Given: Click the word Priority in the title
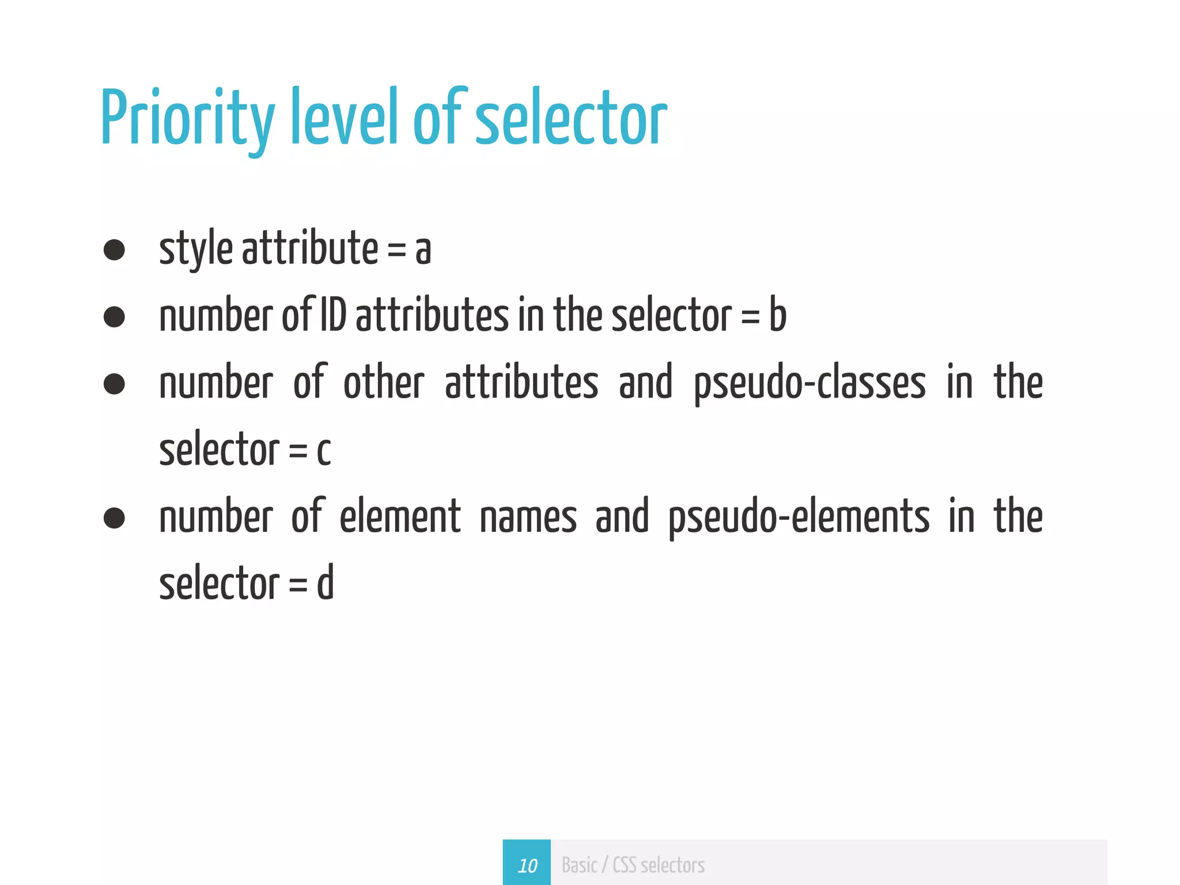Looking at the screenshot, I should pos(188,119).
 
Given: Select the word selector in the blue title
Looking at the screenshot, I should pos(570,119).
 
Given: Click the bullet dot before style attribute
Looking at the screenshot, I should pos(114,249).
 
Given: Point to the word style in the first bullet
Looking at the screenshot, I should pos(195,249).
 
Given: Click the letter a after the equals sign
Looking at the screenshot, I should pos(423,250).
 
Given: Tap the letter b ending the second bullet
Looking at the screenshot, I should pos(778,315).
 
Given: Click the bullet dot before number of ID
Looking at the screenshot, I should pos(114,316).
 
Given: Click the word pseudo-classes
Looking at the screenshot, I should pos(810,384).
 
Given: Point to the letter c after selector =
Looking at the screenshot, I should pos(324,450).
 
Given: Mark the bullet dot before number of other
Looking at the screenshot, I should pos(114,384).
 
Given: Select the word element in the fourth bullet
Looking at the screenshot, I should pos(400,516).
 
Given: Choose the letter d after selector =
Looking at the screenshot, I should pos(326,583).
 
